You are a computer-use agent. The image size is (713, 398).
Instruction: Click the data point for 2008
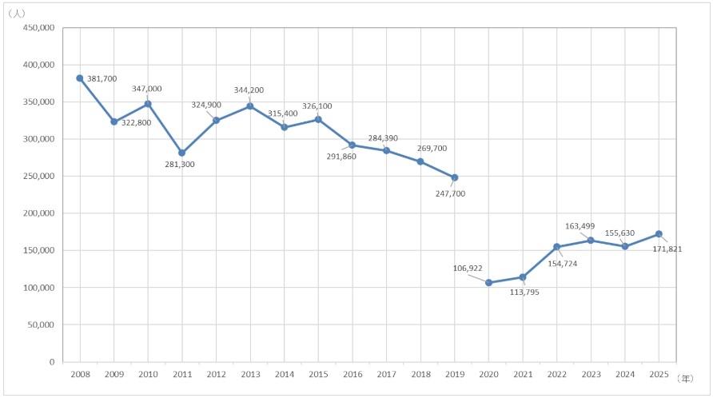80,78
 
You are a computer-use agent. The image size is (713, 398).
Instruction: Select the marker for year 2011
182,153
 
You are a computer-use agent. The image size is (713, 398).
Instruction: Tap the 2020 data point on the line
489,282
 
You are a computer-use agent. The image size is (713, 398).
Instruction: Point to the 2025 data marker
659,234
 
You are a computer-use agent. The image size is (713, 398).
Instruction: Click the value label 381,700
102,78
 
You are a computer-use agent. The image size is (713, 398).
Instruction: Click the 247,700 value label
448,193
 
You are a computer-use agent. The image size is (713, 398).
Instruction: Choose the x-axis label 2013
250,375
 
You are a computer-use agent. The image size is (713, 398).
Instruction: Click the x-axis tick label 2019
455,375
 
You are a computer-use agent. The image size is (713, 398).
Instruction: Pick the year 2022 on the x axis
556,375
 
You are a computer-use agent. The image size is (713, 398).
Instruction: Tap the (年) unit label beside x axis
687,376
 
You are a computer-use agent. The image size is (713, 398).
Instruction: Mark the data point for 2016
353,145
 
